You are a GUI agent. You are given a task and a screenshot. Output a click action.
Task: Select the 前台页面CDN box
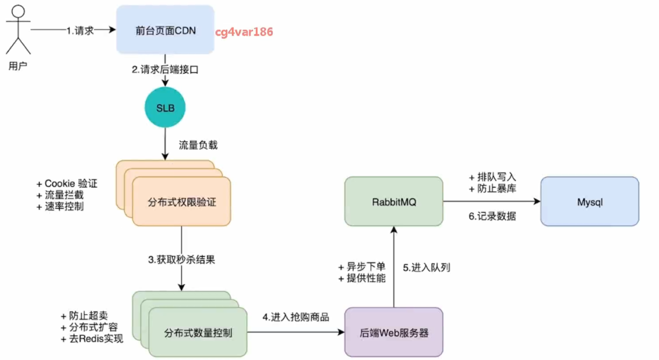(165, 30)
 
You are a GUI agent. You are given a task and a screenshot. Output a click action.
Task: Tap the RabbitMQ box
(393, 202)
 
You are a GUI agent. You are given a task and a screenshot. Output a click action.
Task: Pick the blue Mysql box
(589, 202)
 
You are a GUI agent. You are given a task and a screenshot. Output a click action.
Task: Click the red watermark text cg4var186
(244, 32)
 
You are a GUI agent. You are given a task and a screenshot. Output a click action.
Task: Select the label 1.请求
(80, 30)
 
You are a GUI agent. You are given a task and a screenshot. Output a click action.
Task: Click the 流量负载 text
(198, 145)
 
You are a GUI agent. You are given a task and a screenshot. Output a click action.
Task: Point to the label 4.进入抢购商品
(296, 317)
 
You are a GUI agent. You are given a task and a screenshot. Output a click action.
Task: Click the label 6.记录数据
(492, 216)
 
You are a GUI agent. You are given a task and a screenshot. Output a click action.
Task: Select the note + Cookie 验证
(67, 183)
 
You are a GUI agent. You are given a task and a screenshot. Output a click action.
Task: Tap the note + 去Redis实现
(92, 339)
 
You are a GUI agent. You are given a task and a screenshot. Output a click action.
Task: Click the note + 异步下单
(361, 267)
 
